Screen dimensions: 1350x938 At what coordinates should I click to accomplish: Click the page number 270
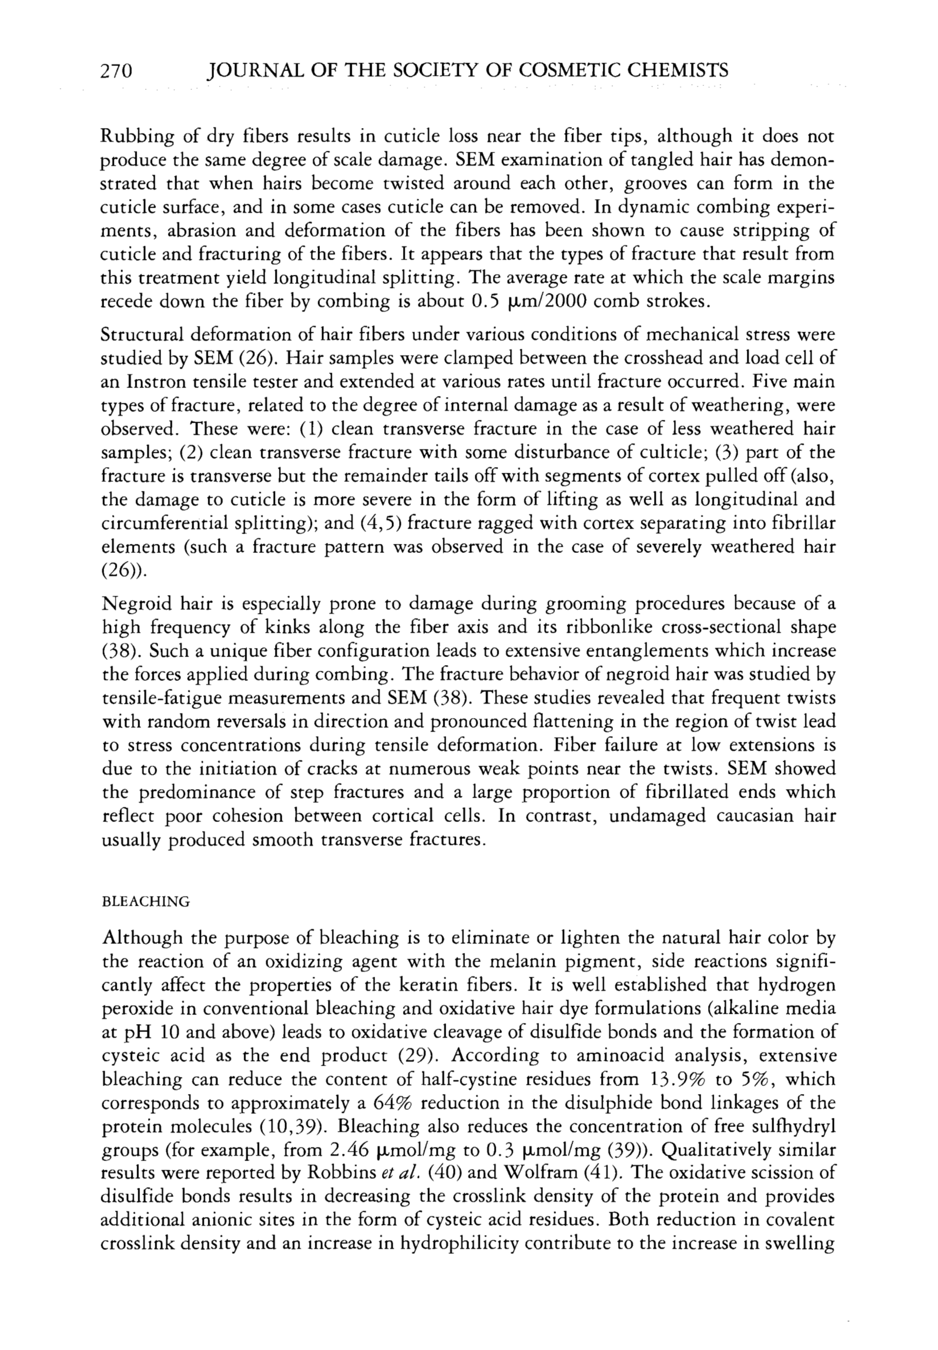point(118,71)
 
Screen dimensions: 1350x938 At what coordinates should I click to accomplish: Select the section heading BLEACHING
point(146,902)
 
